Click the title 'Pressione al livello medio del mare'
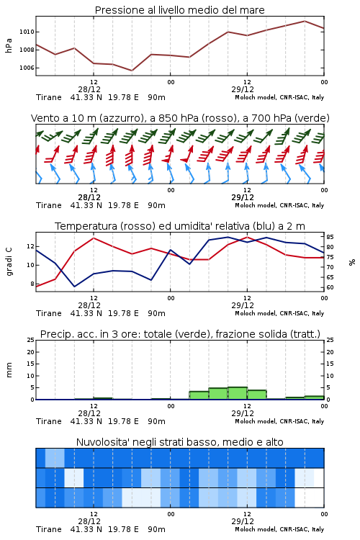179,10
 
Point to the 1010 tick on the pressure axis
27,32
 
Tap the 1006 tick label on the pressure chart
27,68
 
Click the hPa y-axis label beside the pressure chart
9,45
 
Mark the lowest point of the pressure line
132,71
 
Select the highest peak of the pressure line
305,21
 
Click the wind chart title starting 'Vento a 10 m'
180,118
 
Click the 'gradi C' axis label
9,262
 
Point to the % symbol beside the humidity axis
352,262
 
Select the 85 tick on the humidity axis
330,237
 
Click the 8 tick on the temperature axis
32,284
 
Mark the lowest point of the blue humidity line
74,287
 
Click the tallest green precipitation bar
238,393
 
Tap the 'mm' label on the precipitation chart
9,370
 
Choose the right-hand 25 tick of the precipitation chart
330,340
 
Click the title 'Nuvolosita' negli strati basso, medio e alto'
180,442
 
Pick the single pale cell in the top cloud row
55,458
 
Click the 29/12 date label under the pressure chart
243,89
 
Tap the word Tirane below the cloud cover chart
48,529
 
